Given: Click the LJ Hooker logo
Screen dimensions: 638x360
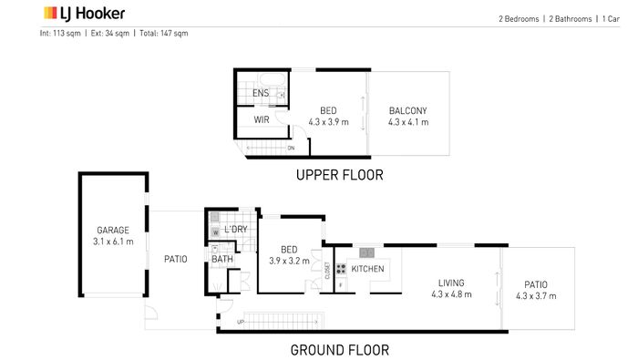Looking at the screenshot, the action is point(84,14).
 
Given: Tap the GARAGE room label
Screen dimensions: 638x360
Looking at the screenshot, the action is point(113,231).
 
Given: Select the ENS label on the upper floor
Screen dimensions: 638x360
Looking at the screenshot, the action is point(261,93).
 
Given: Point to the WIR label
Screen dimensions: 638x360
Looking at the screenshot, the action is point(262,119).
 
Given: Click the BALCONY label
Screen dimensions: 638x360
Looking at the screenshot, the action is point(407,110).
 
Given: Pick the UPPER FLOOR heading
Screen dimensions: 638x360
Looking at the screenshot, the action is point(339,175).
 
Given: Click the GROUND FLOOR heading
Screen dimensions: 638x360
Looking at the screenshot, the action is point(339,350).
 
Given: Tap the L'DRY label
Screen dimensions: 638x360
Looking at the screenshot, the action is point(235,230).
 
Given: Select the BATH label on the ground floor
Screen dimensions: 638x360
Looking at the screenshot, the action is point(222,259).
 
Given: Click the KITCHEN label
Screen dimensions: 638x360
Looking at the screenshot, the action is point(367,269).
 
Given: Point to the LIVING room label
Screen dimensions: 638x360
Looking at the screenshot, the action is point(451,283).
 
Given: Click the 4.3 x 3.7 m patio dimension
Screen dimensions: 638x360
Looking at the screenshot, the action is point(536,296).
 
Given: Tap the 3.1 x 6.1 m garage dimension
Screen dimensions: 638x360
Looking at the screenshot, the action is point(113,242).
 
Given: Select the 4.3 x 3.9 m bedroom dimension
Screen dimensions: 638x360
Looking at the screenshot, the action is point(328,122).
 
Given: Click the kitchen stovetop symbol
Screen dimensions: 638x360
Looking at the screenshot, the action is point(341,269).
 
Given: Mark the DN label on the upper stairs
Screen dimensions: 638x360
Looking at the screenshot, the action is point(291,148).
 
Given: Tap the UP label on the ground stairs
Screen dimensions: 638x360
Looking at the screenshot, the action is point(241,322).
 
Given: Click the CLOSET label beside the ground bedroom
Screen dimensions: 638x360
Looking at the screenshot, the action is point(327,271).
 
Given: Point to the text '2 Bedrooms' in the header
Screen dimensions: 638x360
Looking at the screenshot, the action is point(519,19).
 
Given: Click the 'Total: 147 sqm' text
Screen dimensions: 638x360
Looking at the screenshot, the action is point(163,34).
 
